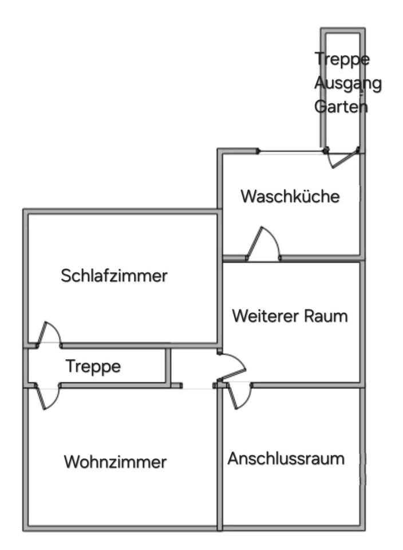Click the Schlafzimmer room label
point(114,276)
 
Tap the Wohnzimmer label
point(115,461)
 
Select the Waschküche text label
point(290,197)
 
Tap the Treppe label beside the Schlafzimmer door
point(93,366)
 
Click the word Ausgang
point(347,83)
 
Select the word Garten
point(341,106)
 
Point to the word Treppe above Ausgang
point(343,59)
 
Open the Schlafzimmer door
point(49,335)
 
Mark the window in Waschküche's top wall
point(291,151)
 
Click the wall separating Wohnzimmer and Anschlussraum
point(219,458)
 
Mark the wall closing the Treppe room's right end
point(168,366)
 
